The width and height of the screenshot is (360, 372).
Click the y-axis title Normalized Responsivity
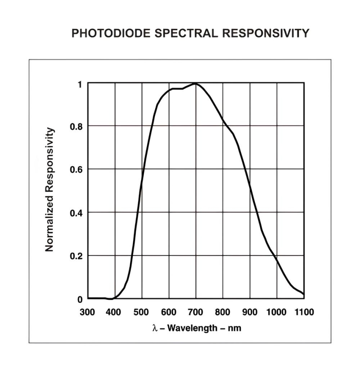[x=50, y=189]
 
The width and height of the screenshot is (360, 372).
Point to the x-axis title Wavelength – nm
[x=202, y=328]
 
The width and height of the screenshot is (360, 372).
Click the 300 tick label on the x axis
[x=87, y=312]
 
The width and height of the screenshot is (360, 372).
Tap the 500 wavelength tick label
[x=142, y=312]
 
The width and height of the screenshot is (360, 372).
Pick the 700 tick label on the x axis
[x=196, y=312]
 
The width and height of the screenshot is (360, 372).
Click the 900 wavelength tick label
[x=250, y=312]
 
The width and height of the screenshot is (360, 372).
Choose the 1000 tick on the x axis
[x=276, y=312]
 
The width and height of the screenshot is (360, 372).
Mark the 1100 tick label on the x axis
[x=304, y=312]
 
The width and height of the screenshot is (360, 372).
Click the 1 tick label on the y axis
[x=79, y=84]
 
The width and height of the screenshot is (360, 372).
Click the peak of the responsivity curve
[x=195, y=83]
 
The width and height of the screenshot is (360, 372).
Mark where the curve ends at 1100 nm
[x=304, y=294]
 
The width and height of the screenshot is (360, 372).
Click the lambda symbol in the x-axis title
[x=155, y=329]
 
